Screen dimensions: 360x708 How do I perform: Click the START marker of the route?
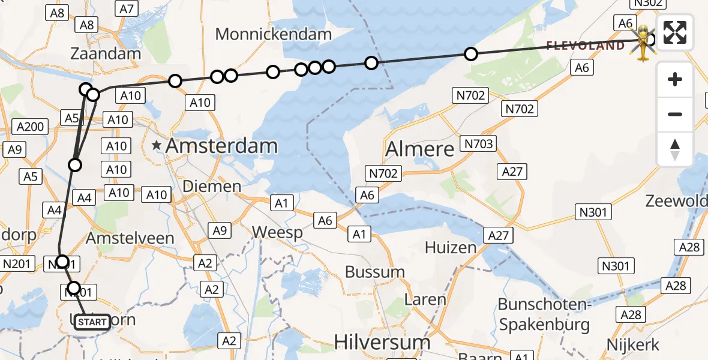click(x=92, y=322)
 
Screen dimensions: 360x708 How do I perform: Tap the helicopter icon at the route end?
click(x=643, y=43)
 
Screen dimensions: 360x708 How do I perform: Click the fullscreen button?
click(x=675, y=32)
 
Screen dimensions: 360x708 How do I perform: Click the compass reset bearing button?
click(x=675, y=149)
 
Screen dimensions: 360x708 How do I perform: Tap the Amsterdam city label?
click(x=221, y=145)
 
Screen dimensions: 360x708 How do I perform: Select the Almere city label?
click(x=420, y=148)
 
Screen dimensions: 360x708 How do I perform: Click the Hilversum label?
click(x=382, y=343)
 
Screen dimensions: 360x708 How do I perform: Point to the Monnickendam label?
click(x=273, y=34)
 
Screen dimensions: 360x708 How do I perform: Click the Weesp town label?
click(x=277, y=232)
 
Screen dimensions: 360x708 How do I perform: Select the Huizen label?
click(x=451, y=247)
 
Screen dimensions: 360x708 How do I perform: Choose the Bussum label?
click(x=374, y=272)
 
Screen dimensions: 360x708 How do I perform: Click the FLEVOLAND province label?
click(x=585, y=46)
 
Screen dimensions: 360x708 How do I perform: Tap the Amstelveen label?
click(x=130, y=238)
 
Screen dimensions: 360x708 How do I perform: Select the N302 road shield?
click(x=647, y=3)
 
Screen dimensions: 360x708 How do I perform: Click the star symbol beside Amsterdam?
click(x=157, y=145)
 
